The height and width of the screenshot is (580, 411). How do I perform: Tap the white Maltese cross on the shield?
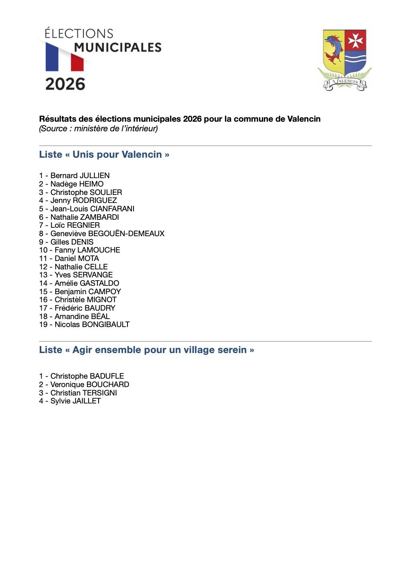pyautogui.click(x=355, y=40)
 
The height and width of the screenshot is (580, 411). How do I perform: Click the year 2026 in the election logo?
pyautogui.click(x=65, y=84)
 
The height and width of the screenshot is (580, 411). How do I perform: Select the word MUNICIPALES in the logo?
pyautogui.click(x=117, y=48)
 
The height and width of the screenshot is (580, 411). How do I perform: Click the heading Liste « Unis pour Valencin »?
pyautogui.click(x=104, y=155)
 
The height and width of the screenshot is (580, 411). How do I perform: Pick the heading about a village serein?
pyautogui.click(x=146, y=350)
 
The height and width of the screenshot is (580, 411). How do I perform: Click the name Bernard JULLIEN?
pyautogui.click(x=80, y=176)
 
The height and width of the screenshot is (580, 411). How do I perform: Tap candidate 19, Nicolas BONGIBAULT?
pyautogui.click(x=92, y=325)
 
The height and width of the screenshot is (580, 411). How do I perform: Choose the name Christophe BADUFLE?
pyautogui.click(x=87, y=376)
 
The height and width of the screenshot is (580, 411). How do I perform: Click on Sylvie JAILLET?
pyautogui.click(x=75, y=401)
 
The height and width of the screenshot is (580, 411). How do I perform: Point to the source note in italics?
pyautogui.click(x=99, y=128)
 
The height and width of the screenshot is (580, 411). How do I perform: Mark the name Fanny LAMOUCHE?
pyautogui.click(x=87, y=250)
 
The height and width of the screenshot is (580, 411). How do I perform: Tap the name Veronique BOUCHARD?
pyautogui.click(x=89, y=385)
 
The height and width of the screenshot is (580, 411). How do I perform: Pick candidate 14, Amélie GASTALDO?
pyautogui.click(x=87, y=283)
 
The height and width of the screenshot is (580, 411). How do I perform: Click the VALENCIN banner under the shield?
pyautogui.click(x=345, y=83)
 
